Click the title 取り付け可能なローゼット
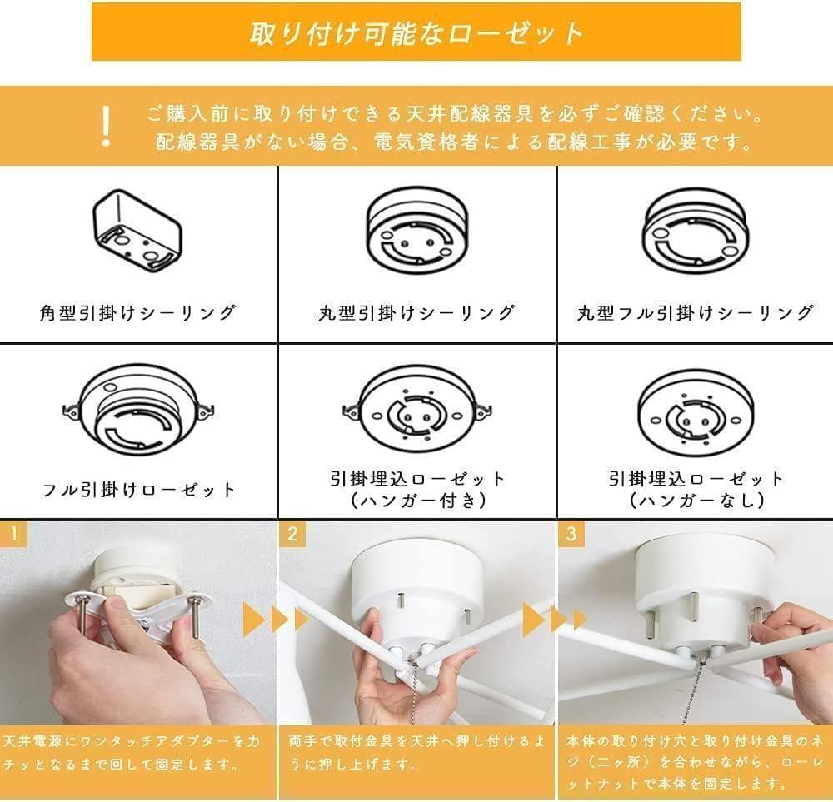pyautogui.click(x=416, y=32)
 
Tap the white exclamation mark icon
pyautogui.click(x=105, y=126)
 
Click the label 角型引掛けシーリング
pyautogui.click(x=137, y=313)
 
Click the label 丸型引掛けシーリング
pyautogui.click(x=416, y=313)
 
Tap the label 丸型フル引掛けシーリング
pyautogui.click(x=696, y=313)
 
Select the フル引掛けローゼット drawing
pyautogui.click(x=137, y=412)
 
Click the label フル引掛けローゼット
pyautogui.click(x=139, y=489)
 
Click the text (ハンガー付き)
pyautogui.click(x=416, y=501)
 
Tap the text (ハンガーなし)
pyautogui.click(x=696, y=501)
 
